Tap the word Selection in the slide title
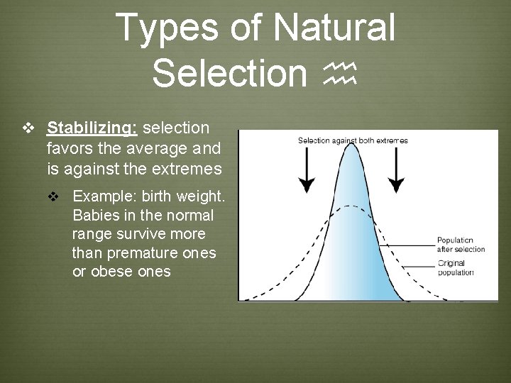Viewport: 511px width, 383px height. [x=228, y=73]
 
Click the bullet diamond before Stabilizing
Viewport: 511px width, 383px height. [x=29, y=128]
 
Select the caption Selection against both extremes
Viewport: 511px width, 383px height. [x=353, y=140]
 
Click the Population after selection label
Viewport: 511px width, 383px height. [x=461, y=245]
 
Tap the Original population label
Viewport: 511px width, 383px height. [x=456, y=268]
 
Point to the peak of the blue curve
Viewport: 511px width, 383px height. [x=351, y=146]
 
